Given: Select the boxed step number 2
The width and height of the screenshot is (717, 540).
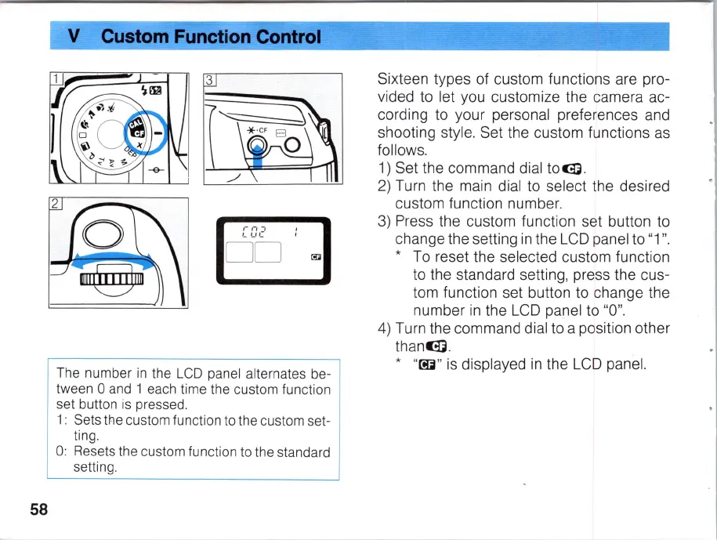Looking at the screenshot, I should point(55,204).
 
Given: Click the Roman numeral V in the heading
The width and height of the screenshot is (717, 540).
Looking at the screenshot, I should point(75,36).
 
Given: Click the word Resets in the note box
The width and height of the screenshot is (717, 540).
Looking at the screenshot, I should point(94,451).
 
